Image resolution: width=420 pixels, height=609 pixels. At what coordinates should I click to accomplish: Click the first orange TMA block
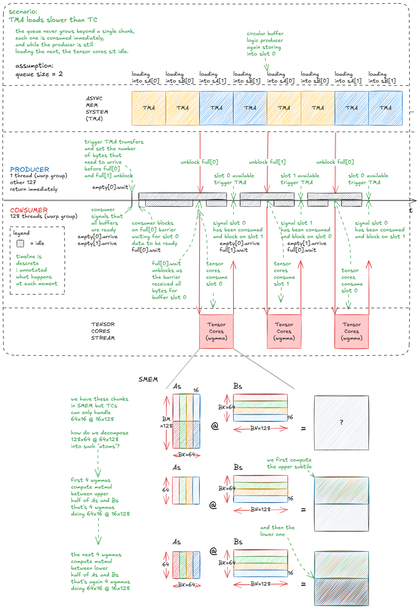149,108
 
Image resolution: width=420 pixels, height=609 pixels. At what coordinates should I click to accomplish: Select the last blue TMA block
386,108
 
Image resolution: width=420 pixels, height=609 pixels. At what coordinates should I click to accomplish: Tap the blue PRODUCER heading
30,169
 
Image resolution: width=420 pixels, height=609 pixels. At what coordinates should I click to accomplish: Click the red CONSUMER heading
29,210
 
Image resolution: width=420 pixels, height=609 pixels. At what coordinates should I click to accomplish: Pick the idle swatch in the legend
20,243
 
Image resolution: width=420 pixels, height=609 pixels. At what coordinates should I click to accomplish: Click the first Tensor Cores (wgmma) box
216,332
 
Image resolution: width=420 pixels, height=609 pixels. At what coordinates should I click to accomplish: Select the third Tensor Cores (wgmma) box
352,332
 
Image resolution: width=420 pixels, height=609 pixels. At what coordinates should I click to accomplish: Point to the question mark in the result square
342,422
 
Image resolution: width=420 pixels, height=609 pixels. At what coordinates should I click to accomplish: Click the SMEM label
148,380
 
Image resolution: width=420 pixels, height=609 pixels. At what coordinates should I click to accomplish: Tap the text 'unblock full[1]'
267,162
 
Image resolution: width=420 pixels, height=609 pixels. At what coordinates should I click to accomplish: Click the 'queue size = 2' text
39,74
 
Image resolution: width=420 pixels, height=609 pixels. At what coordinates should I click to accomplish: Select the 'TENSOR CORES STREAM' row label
103,331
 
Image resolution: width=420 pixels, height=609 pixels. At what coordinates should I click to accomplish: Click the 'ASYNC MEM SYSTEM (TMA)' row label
97,109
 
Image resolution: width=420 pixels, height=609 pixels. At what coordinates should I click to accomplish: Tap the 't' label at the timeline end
411,210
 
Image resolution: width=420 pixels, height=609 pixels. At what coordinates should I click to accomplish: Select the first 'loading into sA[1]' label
213,77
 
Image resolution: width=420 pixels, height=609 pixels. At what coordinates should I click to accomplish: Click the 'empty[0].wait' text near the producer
110,187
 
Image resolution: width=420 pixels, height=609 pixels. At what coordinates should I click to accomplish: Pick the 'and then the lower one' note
277,531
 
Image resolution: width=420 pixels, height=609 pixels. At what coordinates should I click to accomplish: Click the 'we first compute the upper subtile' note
289,463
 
